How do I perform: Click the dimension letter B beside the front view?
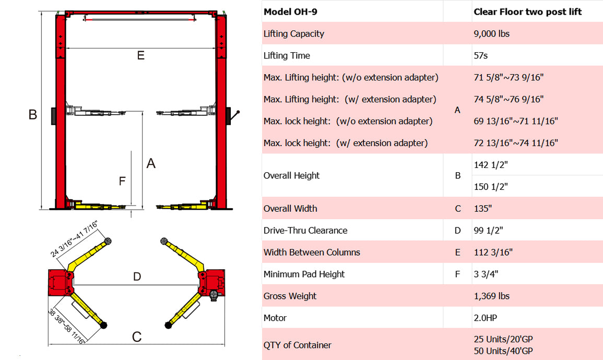pos(33,114)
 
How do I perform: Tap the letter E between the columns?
pos(140,55)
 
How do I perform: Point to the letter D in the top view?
pos(137,277)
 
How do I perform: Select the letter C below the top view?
pos(137,337)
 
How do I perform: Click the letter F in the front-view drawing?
pos(122,181)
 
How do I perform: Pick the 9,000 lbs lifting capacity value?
pos(491,34)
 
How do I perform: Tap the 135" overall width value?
pos(482,209)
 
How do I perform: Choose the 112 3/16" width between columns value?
pos(493,253)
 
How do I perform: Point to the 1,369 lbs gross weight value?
pos(491,296)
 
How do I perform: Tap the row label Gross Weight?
pos(290,296)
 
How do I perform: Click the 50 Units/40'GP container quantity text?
pos(503,351)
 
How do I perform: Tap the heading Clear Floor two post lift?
pos(527,12)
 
